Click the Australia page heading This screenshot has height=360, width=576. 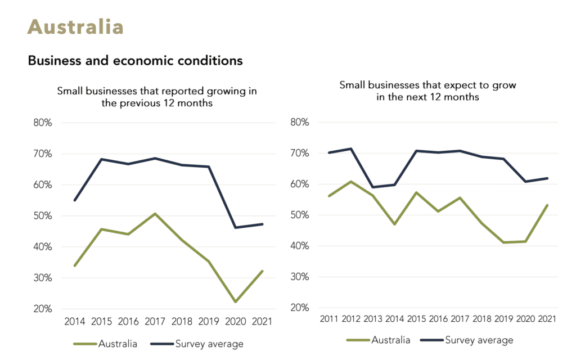pyautogui.click(x=75, y=26)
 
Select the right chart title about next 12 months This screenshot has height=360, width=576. pyautogui.click(x=427, y=91)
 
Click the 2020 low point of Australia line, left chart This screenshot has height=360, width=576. pyautogui.click(x=235, y=302)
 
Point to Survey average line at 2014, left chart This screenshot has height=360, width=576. pyautogui.click(x=74, y=200)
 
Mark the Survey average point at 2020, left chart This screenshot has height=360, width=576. pyautogui.click(x=235, y=227)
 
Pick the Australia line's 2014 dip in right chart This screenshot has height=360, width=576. pyautogui.click(x=394, y=224)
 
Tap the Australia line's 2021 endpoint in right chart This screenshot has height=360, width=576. pyautogui.click(x=547, y=205)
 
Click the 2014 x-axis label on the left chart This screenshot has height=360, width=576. pyautogui.click(x=74, y=322)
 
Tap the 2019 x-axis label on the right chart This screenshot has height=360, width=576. pyautogui.click(x=503, y=319)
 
